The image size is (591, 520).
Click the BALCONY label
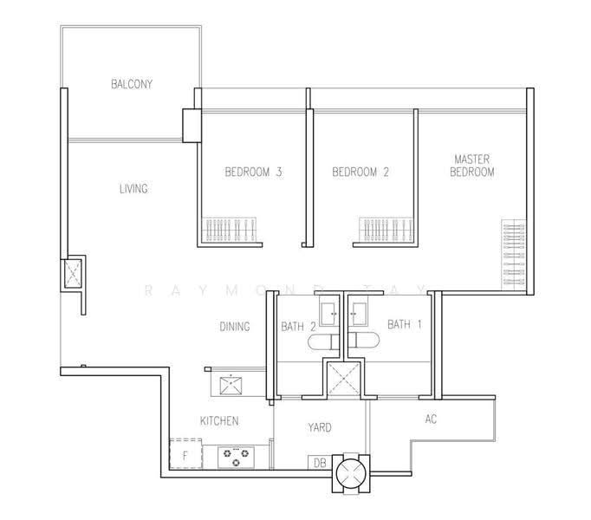coord(132,84)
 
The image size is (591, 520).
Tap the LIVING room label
coord(133,189)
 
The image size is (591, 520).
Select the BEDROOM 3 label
coord(253,172)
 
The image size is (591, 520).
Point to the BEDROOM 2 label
coord(360,172)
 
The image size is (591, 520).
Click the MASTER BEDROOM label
coord(472,166)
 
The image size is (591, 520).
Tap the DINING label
coord(235,326)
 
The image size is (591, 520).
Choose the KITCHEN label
coord(219,421)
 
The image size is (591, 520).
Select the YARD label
coord(320,427)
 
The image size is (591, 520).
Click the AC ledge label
coord(431,419)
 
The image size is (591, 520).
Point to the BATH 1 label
coord(405,324)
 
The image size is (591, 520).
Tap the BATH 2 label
coord(298,326)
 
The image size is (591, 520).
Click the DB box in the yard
coord(320,462)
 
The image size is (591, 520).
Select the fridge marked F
coord(185,454)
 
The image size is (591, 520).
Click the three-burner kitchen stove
coord(236,457)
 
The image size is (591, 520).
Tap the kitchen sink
coord(231,385)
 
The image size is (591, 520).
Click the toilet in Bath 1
coord(363,341)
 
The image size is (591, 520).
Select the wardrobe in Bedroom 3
coord(229,230)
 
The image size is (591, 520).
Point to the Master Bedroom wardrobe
coord(513,255)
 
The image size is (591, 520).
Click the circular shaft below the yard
coord(351,473)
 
